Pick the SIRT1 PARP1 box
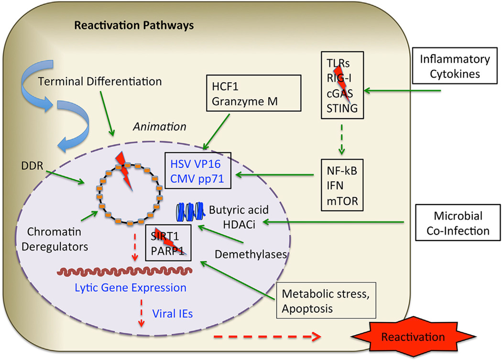click(169, 242)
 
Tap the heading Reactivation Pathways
click(134, 25)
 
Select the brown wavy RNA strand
click(125, 271)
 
